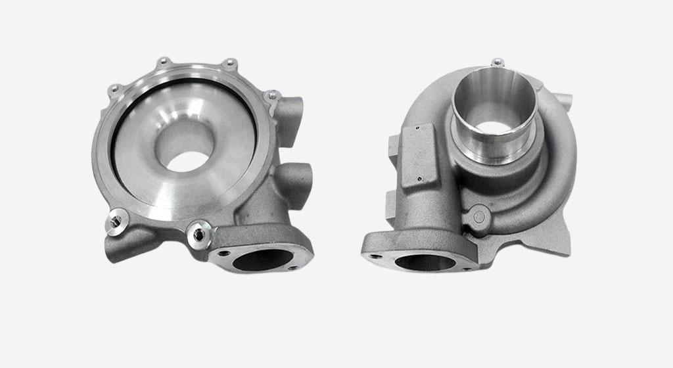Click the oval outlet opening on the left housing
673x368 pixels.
click(259, 260)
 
